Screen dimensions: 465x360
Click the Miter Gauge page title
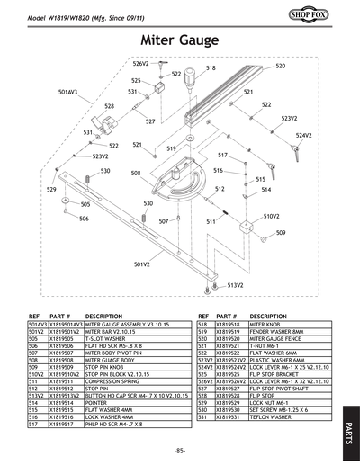[x=179, y=40]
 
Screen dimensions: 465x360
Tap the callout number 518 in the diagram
[x=211, y=67]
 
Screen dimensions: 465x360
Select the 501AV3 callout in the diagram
[x=67, y=93]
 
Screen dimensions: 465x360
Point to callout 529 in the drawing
[x=51, y=191]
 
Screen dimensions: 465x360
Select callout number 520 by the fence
[x=280, y=67]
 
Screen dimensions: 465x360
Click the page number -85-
[x=180, y=449]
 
